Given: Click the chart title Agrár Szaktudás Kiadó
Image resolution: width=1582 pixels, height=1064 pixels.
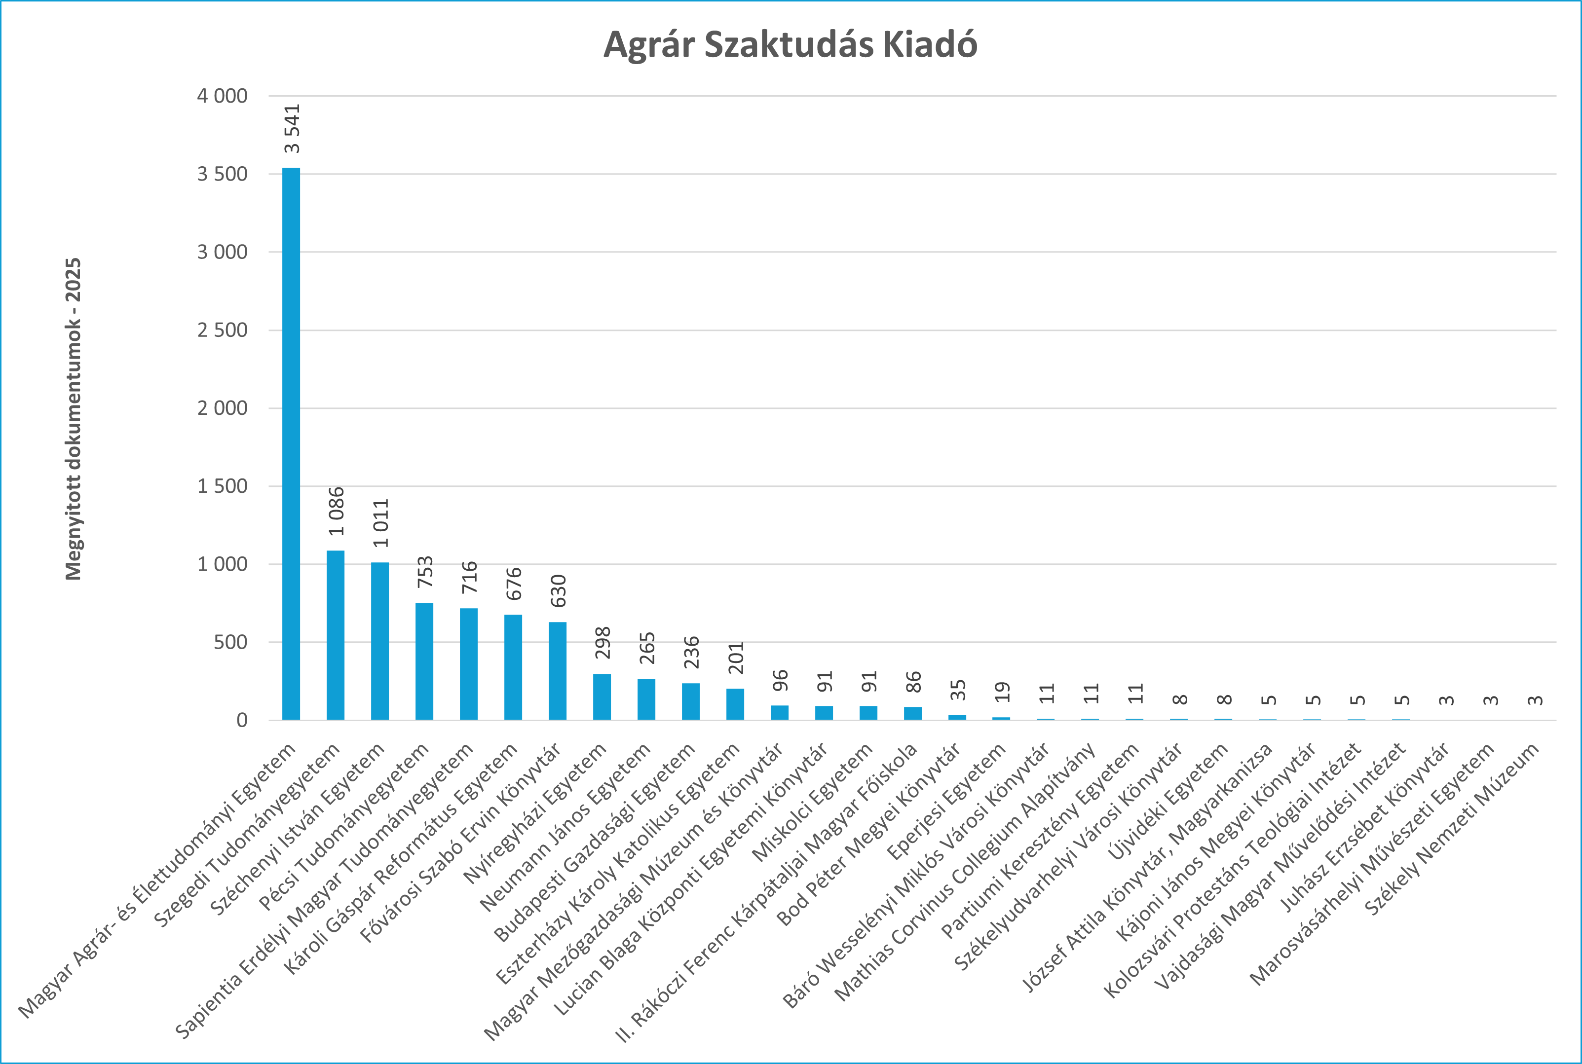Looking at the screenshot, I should (790, 45).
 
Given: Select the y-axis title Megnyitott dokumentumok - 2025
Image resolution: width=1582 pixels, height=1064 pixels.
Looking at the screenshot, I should (74, 419).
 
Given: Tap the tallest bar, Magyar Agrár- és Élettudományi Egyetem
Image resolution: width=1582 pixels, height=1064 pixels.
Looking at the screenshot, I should (291, 444).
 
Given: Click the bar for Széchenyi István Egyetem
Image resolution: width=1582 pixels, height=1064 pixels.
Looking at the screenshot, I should (380, 641).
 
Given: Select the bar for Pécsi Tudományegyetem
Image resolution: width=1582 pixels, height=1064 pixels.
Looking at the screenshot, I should (424, 661).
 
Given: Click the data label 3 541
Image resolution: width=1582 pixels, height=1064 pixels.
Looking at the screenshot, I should (292, 129).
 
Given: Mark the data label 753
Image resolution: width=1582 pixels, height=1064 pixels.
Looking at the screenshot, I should (425, 572).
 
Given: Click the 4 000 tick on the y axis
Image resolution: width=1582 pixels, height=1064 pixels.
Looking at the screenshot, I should (222, 96).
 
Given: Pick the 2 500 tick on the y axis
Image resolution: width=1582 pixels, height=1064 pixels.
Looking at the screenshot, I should (222, 330).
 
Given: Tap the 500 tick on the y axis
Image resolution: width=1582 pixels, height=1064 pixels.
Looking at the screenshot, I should (230, 642).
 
